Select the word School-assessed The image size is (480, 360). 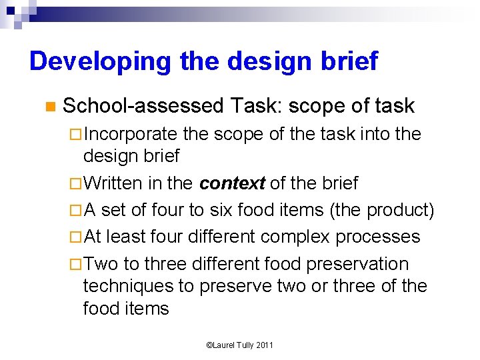point(143,106)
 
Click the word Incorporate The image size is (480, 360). point(130,134)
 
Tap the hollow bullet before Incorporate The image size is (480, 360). point(75,135)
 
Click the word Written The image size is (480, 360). point(113,183)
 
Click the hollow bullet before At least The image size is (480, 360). point(75,237)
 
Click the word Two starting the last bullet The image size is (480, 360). point(101,263)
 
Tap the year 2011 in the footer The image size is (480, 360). point(264,345)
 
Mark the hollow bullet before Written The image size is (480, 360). point(75,184)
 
